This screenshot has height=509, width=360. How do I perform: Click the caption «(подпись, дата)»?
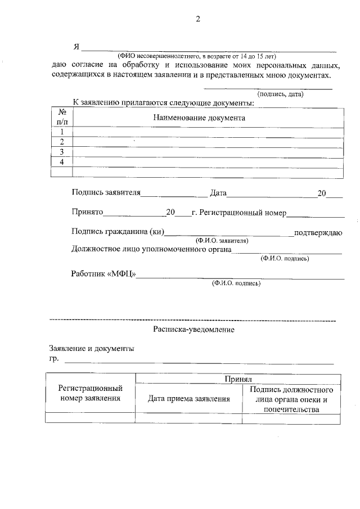[280, 94]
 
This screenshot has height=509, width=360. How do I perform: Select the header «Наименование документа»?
[199, 118]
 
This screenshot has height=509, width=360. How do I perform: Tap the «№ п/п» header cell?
[62, 117]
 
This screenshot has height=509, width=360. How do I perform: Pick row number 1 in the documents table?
[62, 132]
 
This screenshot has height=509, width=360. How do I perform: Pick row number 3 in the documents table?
[62, 152]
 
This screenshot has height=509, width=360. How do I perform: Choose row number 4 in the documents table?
[62, 162]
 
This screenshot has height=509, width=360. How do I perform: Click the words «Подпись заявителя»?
[106, 193]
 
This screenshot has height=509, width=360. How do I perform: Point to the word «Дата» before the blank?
[218, 193]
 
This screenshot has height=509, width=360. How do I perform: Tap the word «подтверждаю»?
[319, 232]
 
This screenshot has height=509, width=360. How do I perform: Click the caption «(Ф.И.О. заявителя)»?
[219, 240]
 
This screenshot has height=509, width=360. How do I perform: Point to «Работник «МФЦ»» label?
[104, 274]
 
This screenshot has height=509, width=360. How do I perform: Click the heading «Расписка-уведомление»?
[193, 330]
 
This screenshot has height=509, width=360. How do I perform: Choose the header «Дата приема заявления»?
[189, 399]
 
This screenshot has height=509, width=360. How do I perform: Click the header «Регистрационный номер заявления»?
[91, 394]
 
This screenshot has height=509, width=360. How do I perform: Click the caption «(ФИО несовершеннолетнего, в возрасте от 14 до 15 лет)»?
[197, 56]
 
